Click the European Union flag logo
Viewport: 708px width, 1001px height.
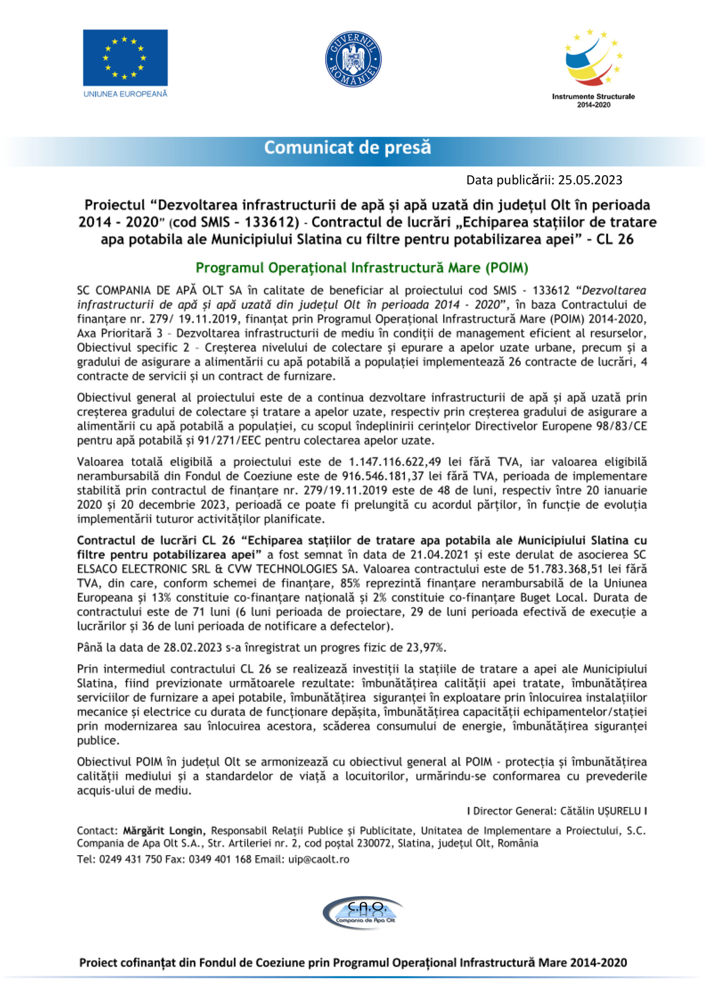point(125,57)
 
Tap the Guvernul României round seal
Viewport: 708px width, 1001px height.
point(353,59)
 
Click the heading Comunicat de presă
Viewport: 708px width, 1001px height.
point(347,148)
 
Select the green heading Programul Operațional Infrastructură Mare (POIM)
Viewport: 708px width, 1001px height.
point(362,268)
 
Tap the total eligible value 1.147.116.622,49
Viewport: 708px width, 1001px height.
point(395,462)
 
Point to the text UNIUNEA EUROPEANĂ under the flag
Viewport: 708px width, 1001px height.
point(125,94)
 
